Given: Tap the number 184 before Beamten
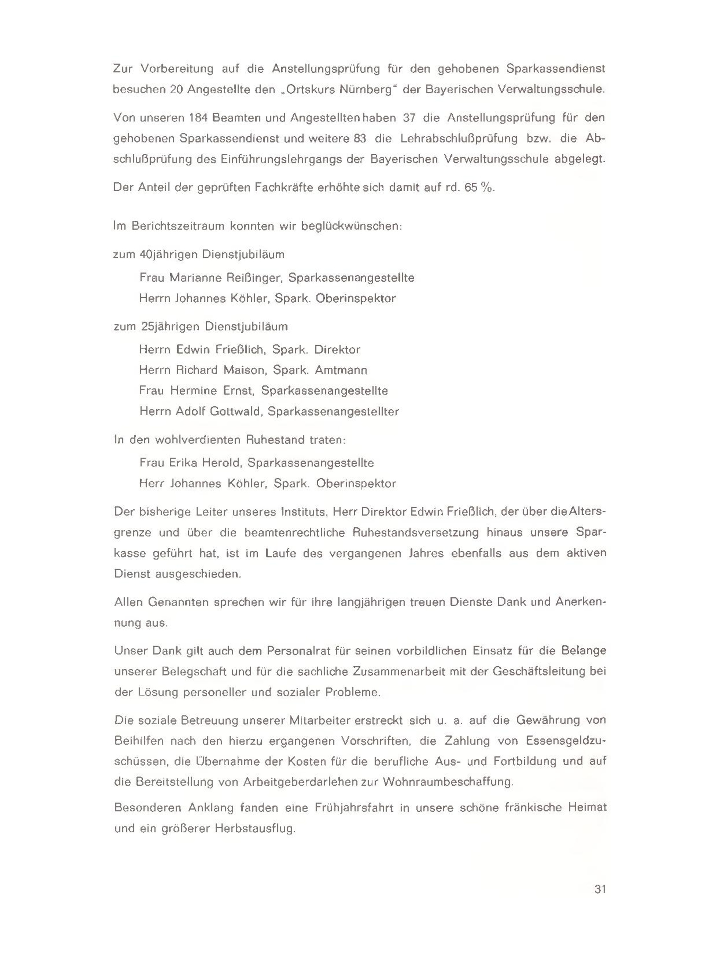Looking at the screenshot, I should click(199, 118).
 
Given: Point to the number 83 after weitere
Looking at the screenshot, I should click(358, 138).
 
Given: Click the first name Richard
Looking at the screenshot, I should click(197, 370).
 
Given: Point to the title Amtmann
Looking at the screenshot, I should click(341, 370).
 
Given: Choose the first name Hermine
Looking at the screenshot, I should click(193, 391).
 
